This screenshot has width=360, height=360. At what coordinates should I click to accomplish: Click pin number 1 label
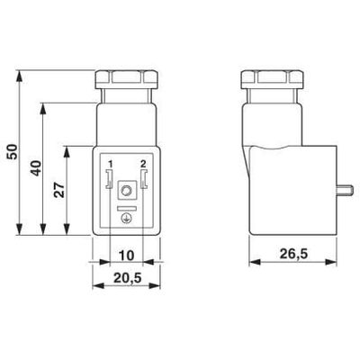pyautogui.click(x=110, y=163)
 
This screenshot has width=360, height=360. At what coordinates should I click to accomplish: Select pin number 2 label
pyautogui.click(x=141, y=163)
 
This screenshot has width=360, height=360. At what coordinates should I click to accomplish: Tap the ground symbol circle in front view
pyautogui.click(x=126, y=217)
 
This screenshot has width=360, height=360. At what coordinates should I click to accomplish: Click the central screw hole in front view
pyautogui.click(x=126, y=191)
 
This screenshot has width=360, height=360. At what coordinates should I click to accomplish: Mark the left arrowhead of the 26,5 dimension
pyautogui.click(x=251, y=263)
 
